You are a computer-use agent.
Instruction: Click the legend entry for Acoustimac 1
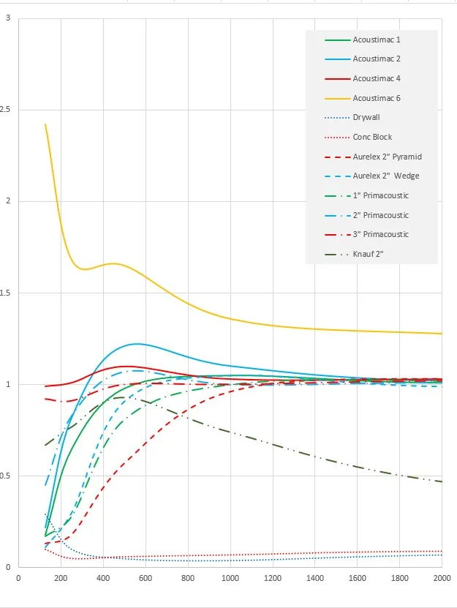click(x=377, y=39)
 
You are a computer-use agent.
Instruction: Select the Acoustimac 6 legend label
click(x=377, y=98)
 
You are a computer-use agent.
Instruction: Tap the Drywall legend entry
click(x=366, y=117)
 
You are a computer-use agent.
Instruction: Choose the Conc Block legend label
click(x=372, y=137)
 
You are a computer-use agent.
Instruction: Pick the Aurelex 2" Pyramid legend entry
click(x=388, y=157)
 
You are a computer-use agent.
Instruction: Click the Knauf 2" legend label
click(x=369, y=255)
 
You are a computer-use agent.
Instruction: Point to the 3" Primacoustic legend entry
click(x=381, y=235)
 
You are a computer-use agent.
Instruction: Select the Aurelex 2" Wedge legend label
click(x=386, y=176)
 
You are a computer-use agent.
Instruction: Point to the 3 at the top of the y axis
click(x=7, y=18)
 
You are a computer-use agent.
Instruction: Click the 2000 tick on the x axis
click(x=441, y=577)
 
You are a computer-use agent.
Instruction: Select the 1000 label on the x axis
click(x=230, y=577)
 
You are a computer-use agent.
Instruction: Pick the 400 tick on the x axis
click(x=103, y=577)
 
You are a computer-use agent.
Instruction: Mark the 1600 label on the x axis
click(x=357, y=577)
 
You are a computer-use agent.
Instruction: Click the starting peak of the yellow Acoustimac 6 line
click(x=45, y=124)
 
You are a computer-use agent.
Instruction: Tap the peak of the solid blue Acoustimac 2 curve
click(x=136, y=344)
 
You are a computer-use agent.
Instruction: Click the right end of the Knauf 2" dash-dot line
click(x=442, y=481)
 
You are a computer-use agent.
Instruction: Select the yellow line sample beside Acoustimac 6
click(x=336, y=98)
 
